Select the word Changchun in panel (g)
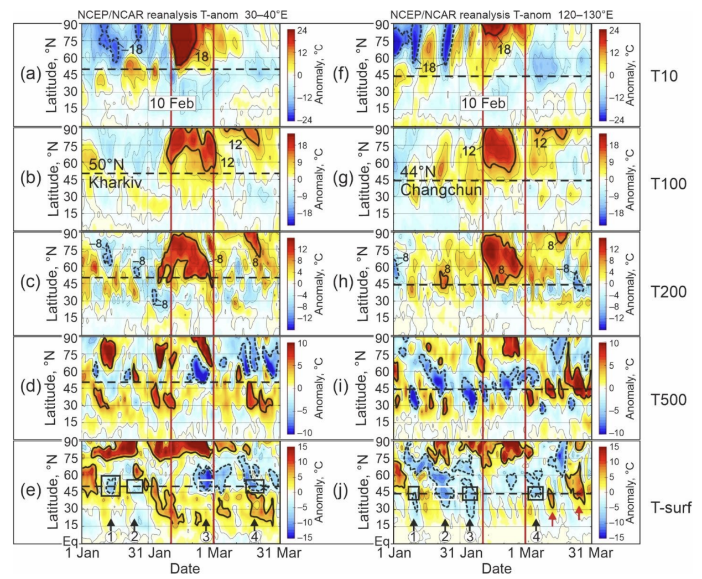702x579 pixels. point(440,190)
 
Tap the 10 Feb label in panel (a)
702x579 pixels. point(171,103)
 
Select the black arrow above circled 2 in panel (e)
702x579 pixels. point(134,524)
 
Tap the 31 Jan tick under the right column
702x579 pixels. point(462,552)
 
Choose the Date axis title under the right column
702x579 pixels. point(496,568)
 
